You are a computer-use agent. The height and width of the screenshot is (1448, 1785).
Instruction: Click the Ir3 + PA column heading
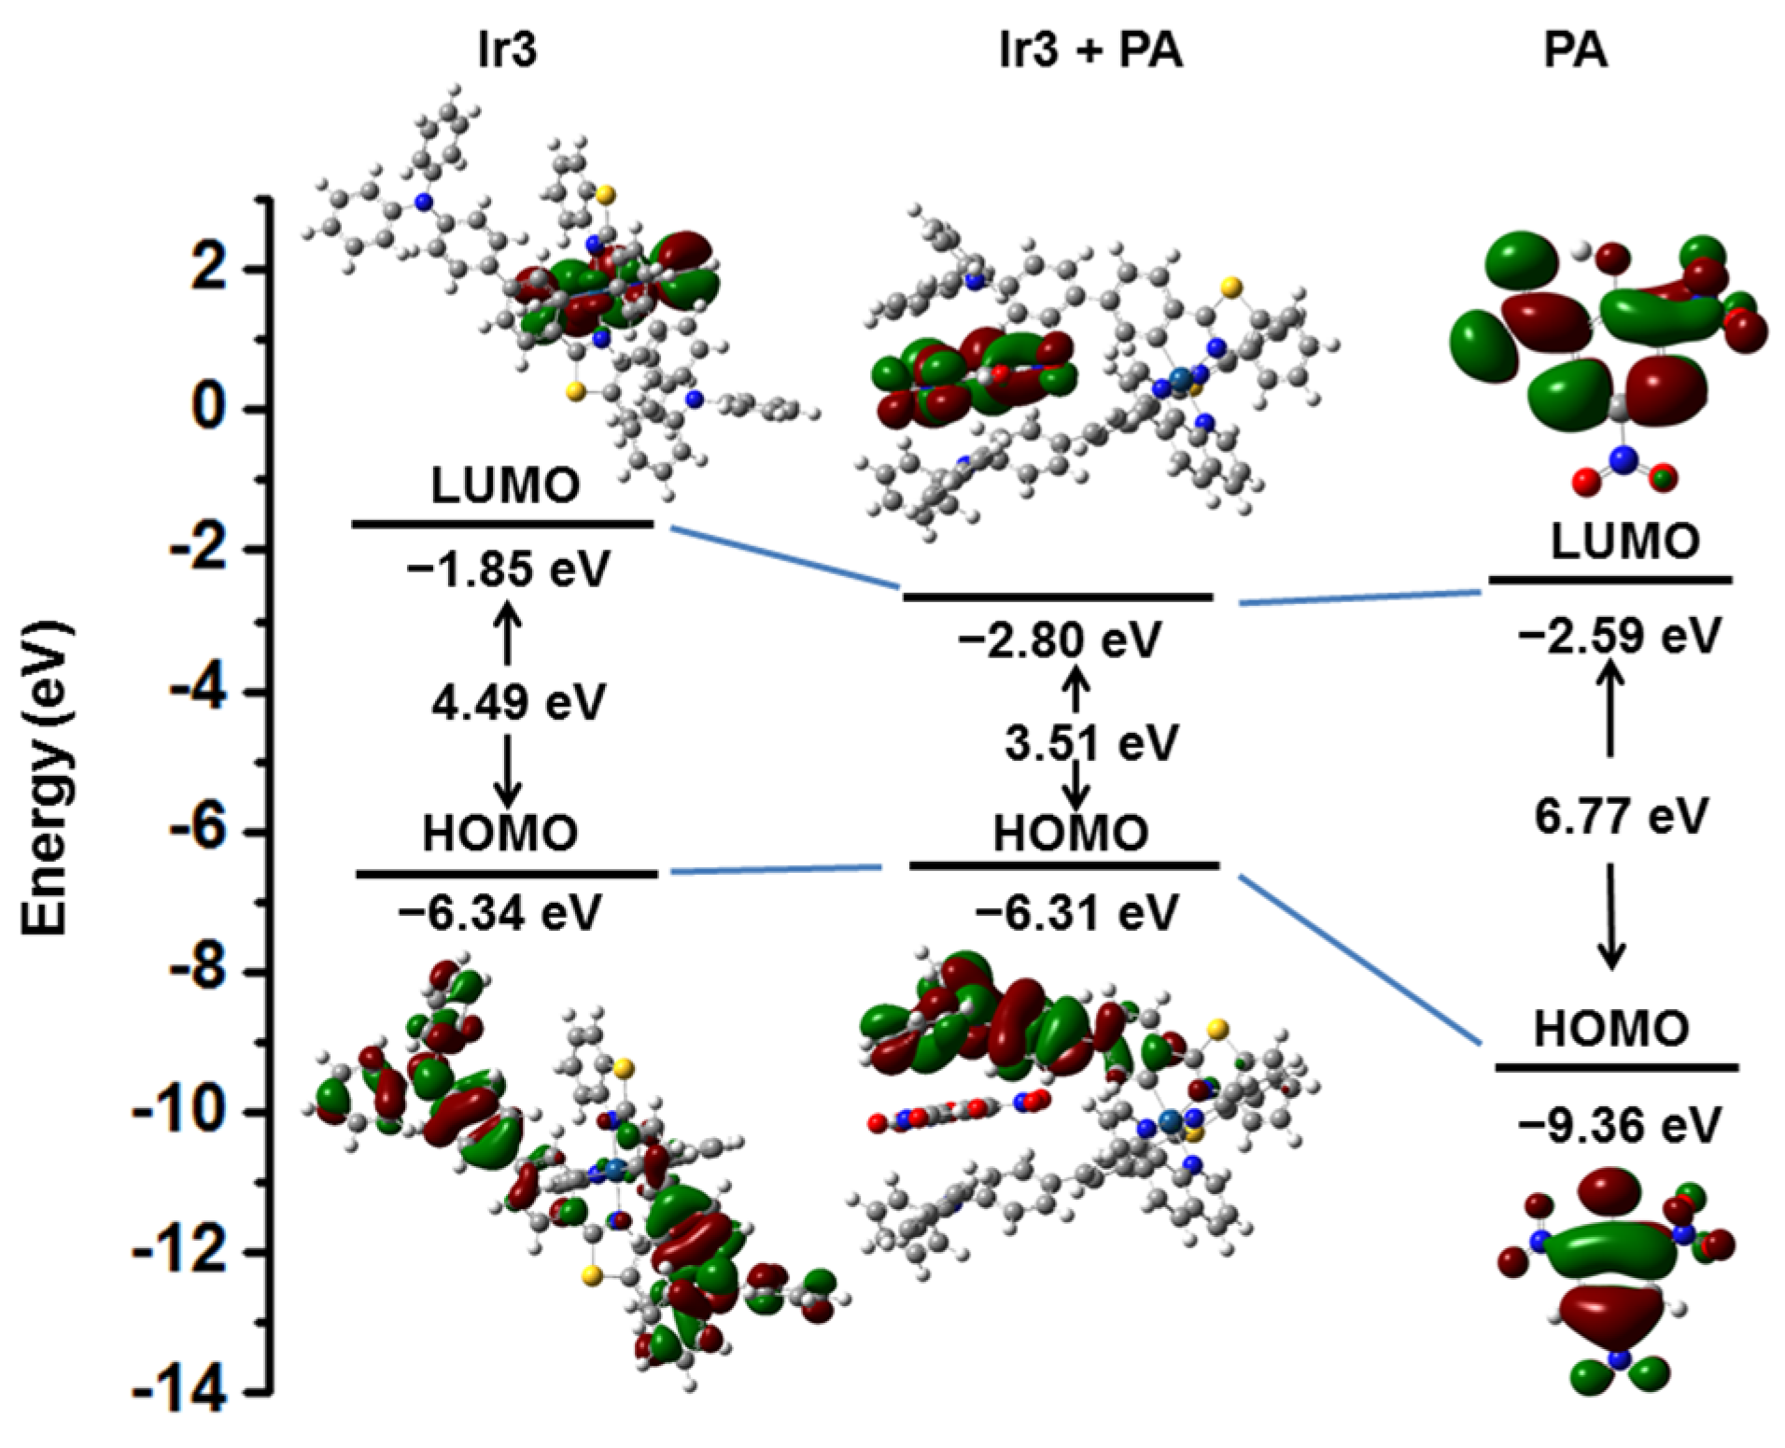click(x=1089, y=50)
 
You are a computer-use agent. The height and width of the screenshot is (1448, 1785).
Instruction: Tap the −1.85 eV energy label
click(x=508, y=568)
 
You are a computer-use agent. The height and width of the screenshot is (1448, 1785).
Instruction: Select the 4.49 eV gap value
click(x=518, y=702)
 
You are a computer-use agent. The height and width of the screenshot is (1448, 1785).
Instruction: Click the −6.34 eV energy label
click(x=499, y=912)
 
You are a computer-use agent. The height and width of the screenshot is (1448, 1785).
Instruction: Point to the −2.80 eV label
click(x=1059, y=640)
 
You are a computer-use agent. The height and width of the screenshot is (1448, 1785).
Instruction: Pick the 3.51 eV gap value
click(x=1091, y=744)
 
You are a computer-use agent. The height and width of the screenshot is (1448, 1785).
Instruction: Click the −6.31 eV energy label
click(x=1075, y=912)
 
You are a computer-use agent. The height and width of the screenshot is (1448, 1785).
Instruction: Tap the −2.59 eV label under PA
click(x=1618, y=636)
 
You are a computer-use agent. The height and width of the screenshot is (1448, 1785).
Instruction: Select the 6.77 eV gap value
click(x=1621, y=816)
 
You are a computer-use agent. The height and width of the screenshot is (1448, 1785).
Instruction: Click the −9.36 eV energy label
click(x=1618, y=1125)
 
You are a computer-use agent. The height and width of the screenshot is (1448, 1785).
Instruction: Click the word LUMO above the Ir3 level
click(x=505, y=485)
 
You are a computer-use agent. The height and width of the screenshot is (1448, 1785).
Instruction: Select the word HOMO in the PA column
click(x=1610, y=1029)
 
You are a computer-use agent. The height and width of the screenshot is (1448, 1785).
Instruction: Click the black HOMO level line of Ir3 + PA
click(x=1064, y=865)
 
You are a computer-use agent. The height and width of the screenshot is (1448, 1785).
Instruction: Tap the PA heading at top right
click(x=1575, y=50)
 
